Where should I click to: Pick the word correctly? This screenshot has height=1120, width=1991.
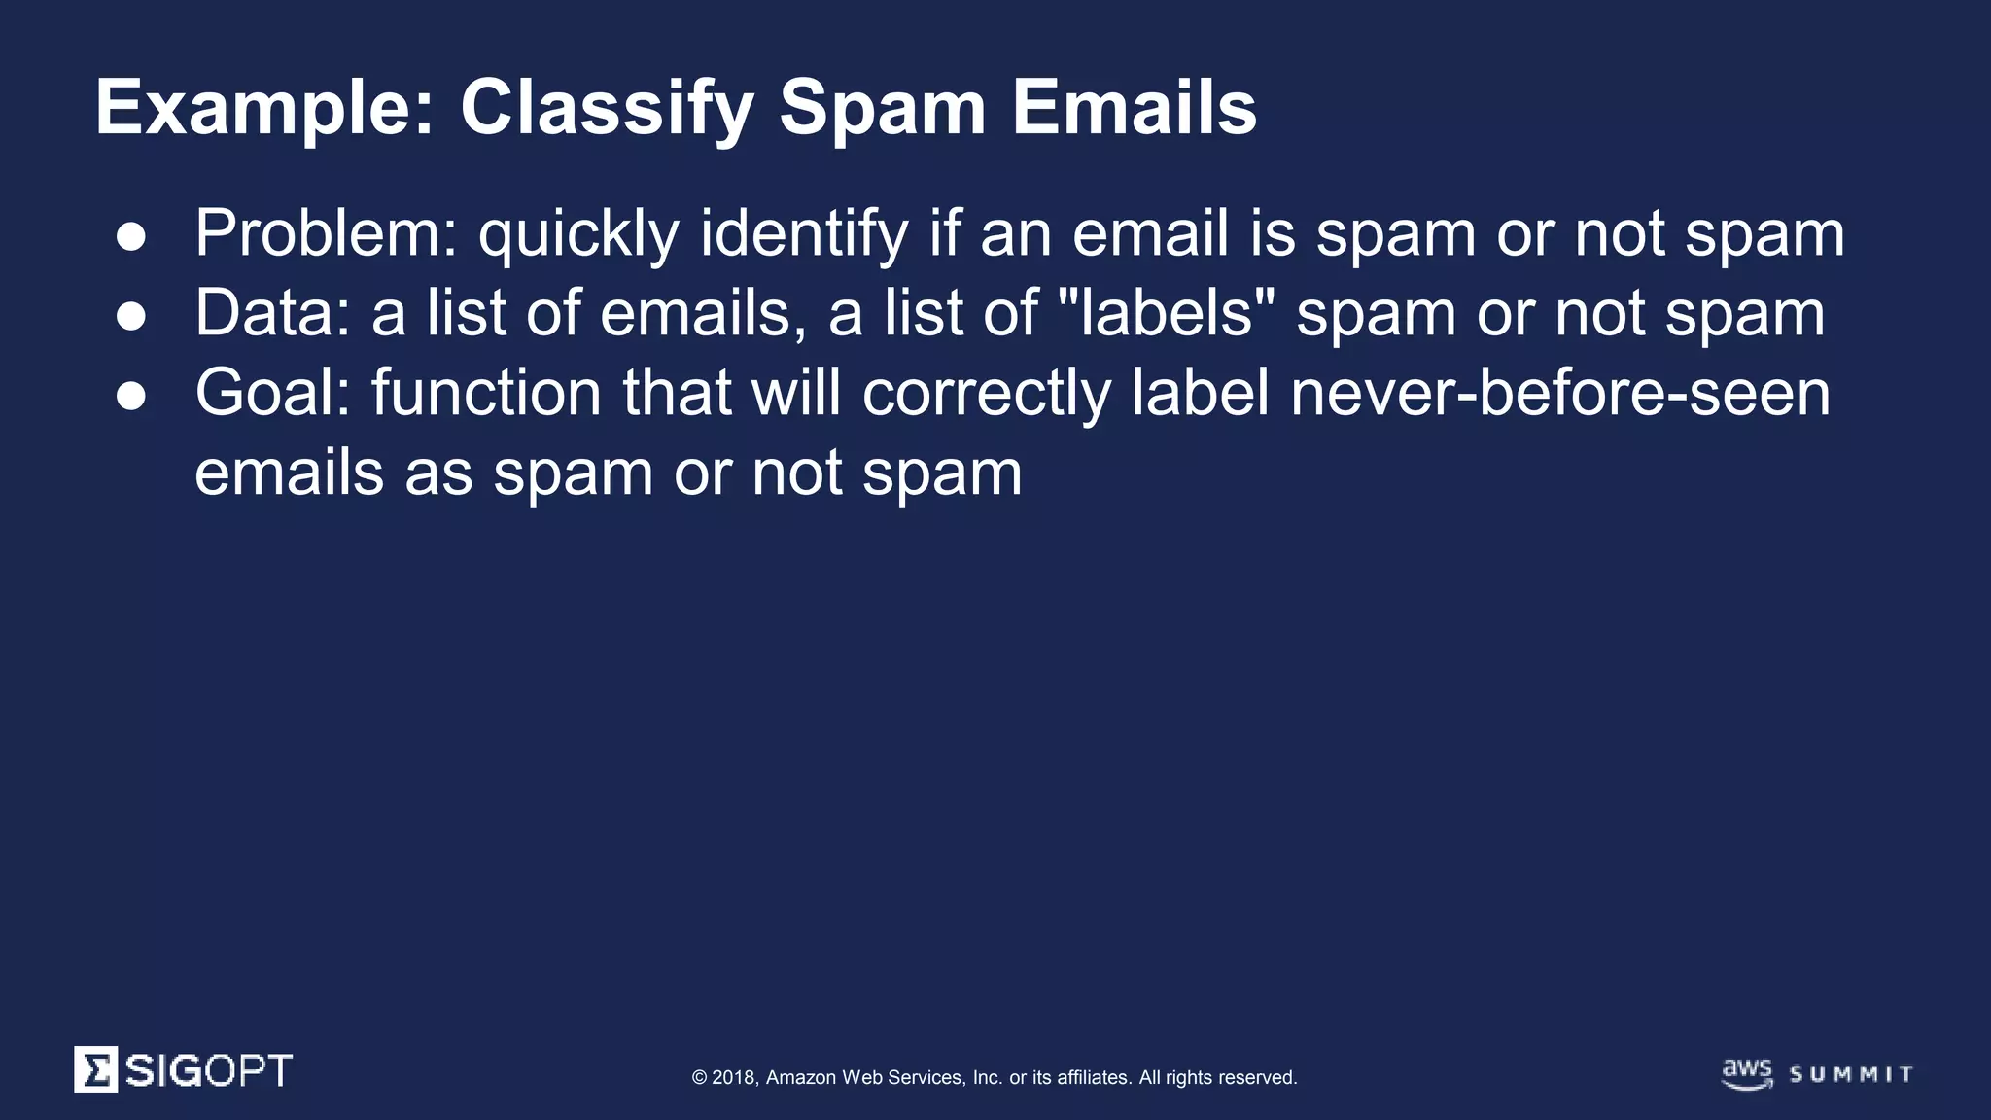pyautogui.click(x=986, y=395)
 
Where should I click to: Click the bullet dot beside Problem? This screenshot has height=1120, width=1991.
pyautogui.click(x=131, y=237)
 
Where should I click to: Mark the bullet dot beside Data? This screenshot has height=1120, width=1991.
pyautogui.click(x=131, y=317)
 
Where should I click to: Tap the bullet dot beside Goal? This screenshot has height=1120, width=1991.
pyautogui.click(x=131, y=397)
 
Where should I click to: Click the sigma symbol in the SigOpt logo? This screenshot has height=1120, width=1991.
pyautogui.click(x=96, y=1069)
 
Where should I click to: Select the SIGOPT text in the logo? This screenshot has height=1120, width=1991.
pyautogui.click(x=208, y=1070)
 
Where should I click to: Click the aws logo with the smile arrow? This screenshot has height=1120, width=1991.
pyautogui.click(x=1747, y=1073)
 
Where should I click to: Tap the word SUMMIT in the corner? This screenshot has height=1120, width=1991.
pyautogui.click(x=1851, y=1074)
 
